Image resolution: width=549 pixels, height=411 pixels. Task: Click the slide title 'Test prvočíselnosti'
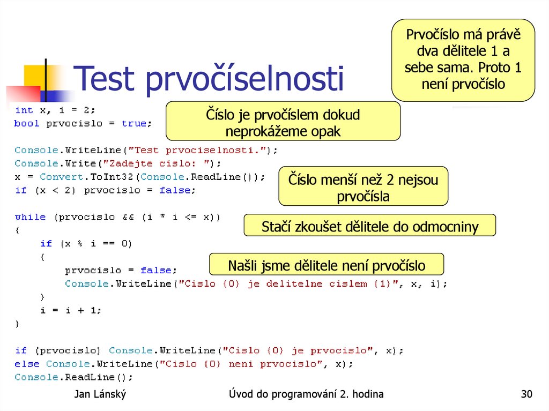pos(209,79)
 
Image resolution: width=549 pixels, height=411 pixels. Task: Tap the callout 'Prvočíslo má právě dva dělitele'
pos(463,60)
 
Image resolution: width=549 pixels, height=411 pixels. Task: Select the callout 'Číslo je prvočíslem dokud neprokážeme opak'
pos(283,123)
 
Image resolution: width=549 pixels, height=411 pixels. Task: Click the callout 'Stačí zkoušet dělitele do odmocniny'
pos(369,227)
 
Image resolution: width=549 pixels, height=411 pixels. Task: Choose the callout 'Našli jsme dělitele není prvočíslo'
pos(326,265)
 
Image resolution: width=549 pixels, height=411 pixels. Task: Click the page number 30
pos(526,395)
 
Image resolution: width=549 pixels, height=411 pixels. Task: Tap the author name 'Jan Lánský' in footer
pos(100,395)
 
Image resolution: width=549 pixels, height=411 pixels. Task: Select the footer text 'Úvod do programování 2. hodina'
pos(306,395)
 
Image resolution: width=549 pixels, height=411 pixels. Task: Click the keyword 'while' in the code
pos(30,217)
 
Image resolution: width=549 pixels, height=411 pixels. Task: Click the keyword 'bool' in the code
pos(27,123)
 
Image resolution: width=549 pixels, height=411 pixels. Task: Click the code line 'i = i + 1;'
pos(71,310)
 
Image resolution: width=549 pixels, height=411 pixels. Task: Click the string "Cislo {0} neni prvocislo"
pos(247,364)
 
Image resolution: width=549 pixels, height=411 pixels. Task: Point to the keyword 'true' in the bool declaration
pos(134,123)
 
